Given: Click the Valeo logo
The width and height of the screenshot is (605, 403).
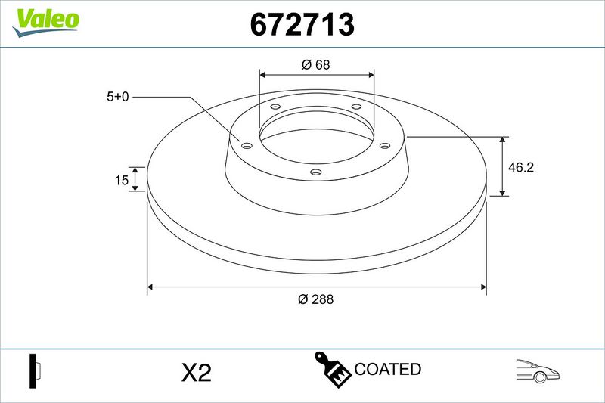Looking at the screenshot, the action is pos(45,22).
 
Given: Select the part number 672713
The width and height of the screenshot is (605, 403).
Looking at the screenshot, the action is pos(302,24).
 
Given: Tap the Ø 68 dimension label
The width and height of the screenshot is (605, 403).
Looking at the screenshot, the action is pos(316,64).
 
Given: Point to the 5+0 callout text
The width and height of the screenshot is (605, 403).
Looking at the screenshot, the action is pos(118,97).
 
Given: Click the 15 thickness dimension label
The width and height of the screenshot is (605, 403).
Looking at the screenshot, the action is pos(122,180).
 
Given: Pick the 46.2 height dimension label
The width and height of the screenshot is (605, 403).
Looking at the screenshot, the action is pos(521,167).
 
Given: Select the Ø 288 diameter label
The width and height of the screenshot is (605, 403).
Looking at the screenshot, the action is pos(315,299).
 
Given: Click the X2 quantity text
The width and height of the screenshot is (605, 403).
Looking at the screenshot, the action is pos(197,373).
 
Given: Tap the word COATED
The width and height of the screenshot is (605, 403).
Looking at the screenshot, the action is pos(387,369).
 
